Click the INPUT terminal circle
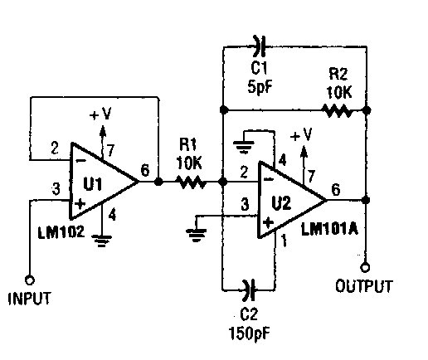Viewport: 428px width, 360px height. [30, 280]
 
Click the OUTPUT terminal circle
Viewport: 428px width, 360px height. [365, 267]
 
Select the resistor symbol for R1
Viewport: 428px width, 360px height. [192, 182]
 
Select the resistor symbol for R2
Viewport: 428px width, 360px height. [338, 110]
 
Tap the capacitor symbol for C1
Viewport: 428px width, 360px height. [260, 46]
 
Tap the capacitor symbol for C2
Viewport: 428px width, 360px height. [249, 290]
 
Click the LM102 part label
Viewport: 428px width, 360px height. [61, 231]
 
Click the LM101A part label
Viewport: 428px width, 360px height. [329, 229]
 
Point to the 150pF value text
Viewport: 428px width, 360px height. [250, 333]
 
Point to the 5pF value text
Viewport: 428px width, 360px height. [260, 87]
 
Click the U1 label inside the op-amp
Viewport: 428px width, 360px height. [93, 184]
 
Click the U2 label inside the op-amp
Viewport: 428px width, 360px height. [281, 203]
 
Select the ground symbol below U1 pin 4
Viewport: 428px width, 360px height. [102, 241]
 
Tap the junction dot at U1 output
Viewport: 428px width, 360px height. [158, 182]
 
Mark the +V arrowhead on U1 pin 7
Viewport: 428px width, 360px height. [103, 130]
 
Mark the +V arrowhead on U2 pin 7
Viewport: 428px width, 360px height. [304, 151]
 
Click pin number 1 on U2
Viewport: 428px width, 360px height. [284, 241]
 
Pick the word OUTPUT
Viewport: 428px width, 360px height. [364, 286]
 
